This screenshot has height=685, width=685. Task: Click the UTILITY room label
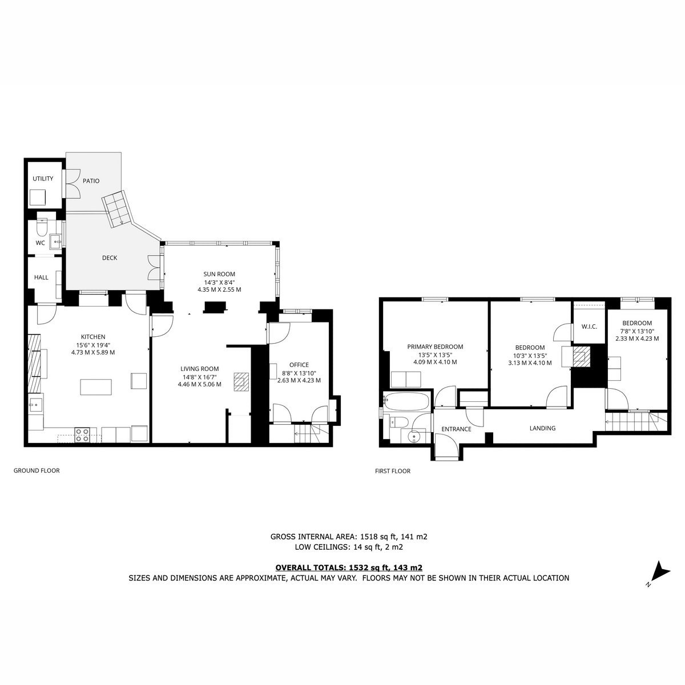(x=43, y=179)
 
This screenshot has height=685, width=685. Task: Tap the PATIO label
(x=91, y=181)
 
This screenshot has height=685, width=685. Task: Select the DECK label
(x=110, y=257)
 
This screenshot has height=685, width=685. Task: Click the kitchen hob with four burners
(x=82, y=435)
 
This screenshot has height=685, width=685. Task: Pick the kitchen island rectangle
(x=96, y=387)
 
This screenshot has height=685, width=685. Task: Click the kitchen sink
(x=36, y=404)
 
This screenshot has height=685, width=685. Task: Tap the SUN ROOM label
(x=219, y=274)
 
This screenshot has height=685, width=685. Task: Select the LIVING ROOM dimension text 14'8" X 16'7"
(x=199, y=377)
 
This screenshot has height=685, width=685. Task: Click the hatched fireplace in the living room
(x=241, y=382)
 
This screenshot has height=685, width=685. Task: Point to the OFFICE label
(x=299, y=365)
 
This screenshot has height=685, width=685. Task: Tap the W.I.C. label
(x=589, y=327)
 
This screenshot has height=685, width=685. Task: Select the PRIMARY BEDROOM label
(x=435, y=346)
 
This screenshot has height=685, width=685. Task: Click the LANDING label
(x=542, y=428)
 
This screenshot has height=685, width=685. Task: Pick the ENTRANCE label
(x=456, y=429)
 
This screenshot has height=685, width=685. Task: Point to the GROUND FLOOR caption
(x=37, y=470)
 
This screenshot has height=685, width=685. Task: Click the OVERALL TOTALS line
(x=349, y=567)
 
